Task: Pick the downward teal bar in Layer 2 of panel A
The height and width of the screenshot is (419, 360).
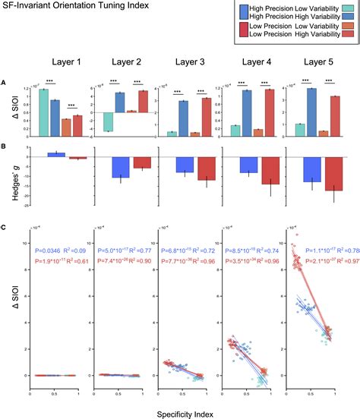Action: tap(109, 122)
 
